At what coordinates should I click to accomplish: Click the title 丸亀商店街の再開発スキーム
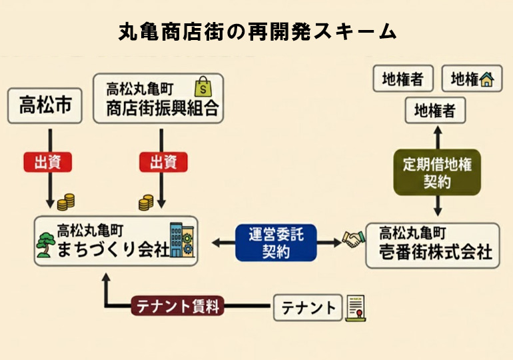point(256,31)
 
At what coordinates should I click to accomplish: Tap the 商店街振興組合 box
point(159,99)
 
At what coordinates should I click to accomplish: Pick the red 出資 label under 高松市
point(47,162)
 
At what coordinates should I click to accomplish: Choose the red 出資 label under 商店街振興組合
point(163,162)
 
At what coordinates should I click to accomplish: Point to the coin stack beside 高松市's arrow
point(65,201)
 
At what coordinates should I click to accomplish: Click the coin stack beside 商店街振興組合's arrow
point(146,201)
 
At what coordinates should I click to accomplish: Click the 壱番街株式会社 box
point(432,244)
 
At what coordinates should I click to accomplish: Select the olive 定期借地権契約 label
point(437,172)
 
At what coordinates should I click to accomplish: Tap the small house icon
point(488,79)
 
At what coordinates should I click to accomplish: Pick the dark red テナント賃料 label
point(177,307)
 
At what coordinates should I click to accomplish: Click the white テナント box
point(308,307)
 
